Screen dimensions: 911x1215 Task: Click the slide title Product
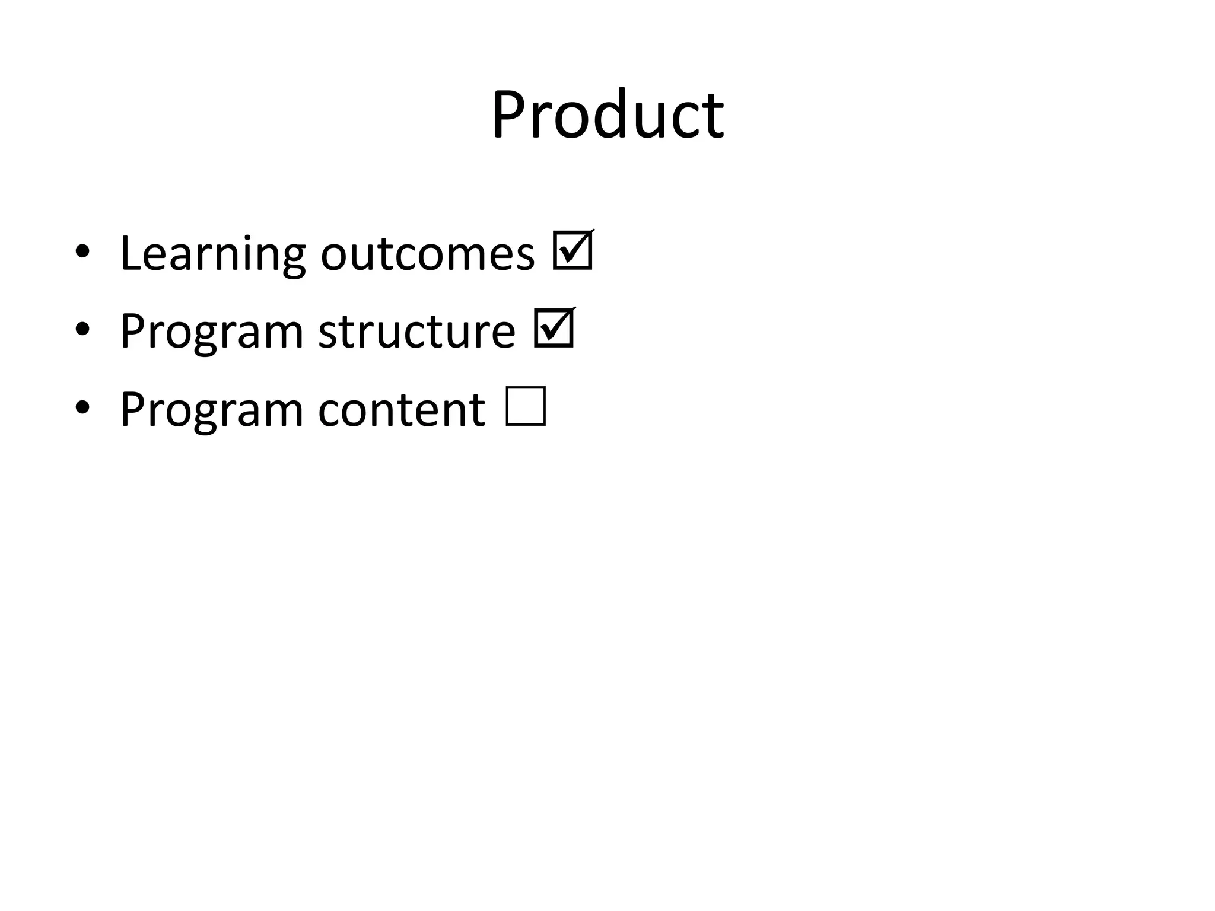(x=607, y=114)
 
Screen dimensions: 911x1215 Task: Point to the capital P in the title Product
(x=510, y=114)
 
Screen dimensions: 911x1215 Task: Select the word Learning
(x=212, y=254)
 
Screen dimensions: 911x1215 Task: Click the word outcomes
(x=427, y=254)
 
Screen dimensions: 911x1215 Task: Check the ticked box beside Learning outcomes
(x=572, y=251)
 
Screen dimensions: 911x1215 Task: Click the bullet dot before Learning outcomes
(x=82, y=251)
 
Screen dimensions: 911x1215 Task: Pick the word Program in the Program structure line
(x=211, y=332)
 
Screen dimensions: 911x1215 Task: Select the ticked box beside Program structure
(x=554, y=328)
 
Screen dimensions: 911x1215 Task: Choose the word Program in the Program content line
(x=211, y=410)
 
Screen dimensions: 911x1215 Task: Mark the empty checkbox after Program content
(x=526, y=406)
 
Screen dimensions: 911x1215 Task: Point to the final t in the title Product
(x=714, y=117)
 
